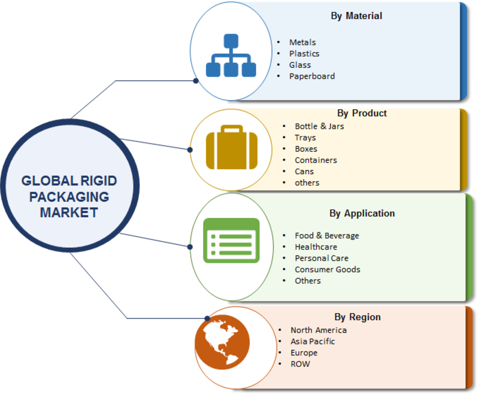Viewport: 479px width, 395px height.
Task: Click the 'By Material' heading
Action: point(356,16)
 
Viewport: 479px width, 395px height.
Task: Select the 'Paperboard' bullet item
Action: point(312,77)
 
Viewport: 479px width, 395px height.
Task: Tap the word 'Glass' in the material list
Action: point(300,65)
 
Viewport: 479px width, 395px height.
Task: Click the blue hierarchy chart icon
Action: point(231,55)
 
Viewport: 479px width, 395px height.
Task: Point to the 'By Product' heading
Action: point(362,113)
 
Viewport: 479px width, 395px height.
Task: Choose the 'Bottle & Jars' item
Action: point(319,126)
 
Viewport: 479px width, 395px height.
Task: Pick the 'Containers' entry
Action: point(316,160)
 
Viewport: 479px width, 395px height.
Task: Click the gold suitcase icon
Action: point(232,147)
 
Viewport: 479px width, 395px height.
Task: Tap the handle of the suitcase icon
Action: point(232,129)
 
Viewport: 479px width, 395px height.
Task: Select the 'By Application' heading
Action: point(362,214)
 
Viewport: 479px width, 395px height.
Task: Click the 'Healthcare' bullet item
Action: point(316,247)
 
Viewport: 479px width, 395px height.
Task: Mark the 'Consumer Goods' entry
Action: point(328,269)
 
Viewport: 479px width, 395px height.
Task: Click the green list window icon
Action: point(231,241)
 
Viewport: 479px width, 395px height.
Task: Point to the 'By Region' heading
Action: point(357,317)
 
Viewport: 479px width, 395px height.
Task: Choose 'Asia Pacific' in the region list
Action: point(313,341)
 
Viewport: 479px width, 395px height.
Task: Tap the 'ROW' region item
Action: point(300,364)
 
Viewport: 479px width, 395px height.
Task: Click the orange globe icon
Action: point(222,342)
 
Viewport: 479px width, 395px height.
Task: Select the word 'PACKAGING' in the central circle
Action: point(69,197)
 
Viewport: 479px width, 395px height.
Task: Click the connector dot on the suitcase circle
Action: point(190,150)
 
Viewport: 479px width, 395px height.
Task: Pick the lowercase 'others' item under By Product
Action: point(307,183)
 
